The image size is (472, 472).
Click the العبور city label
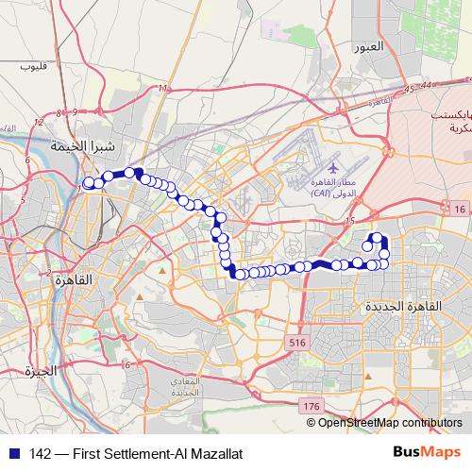pos(369,47)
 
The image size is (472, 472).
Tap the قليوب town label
pos(33,66)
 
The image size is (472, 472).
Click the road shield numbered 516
pos(299,341)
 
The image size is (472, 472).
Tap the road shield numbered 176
pos(312,405)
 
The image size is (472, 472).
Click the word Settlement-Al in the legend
pos(138,453)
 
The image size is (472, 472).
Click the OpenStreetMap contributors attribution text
pos(390,422)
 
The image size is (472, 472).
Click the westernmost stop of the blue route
pos(89,183)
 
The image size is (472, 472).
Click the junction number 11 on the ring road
pos(163,89)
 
